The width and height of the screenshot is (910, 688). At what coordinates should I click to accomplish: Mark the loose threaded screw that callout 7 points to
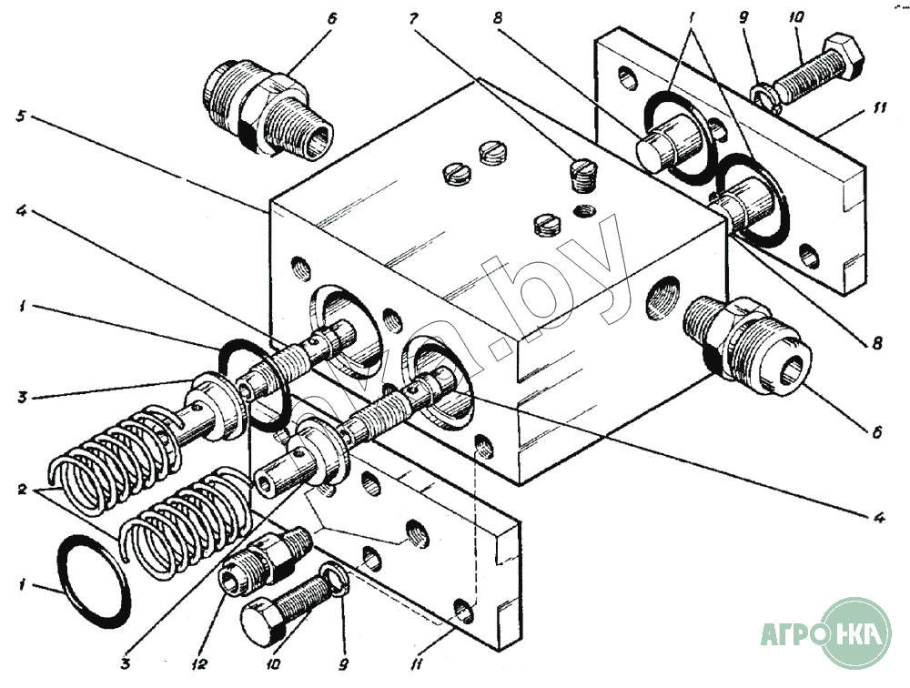click(582, 174)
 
